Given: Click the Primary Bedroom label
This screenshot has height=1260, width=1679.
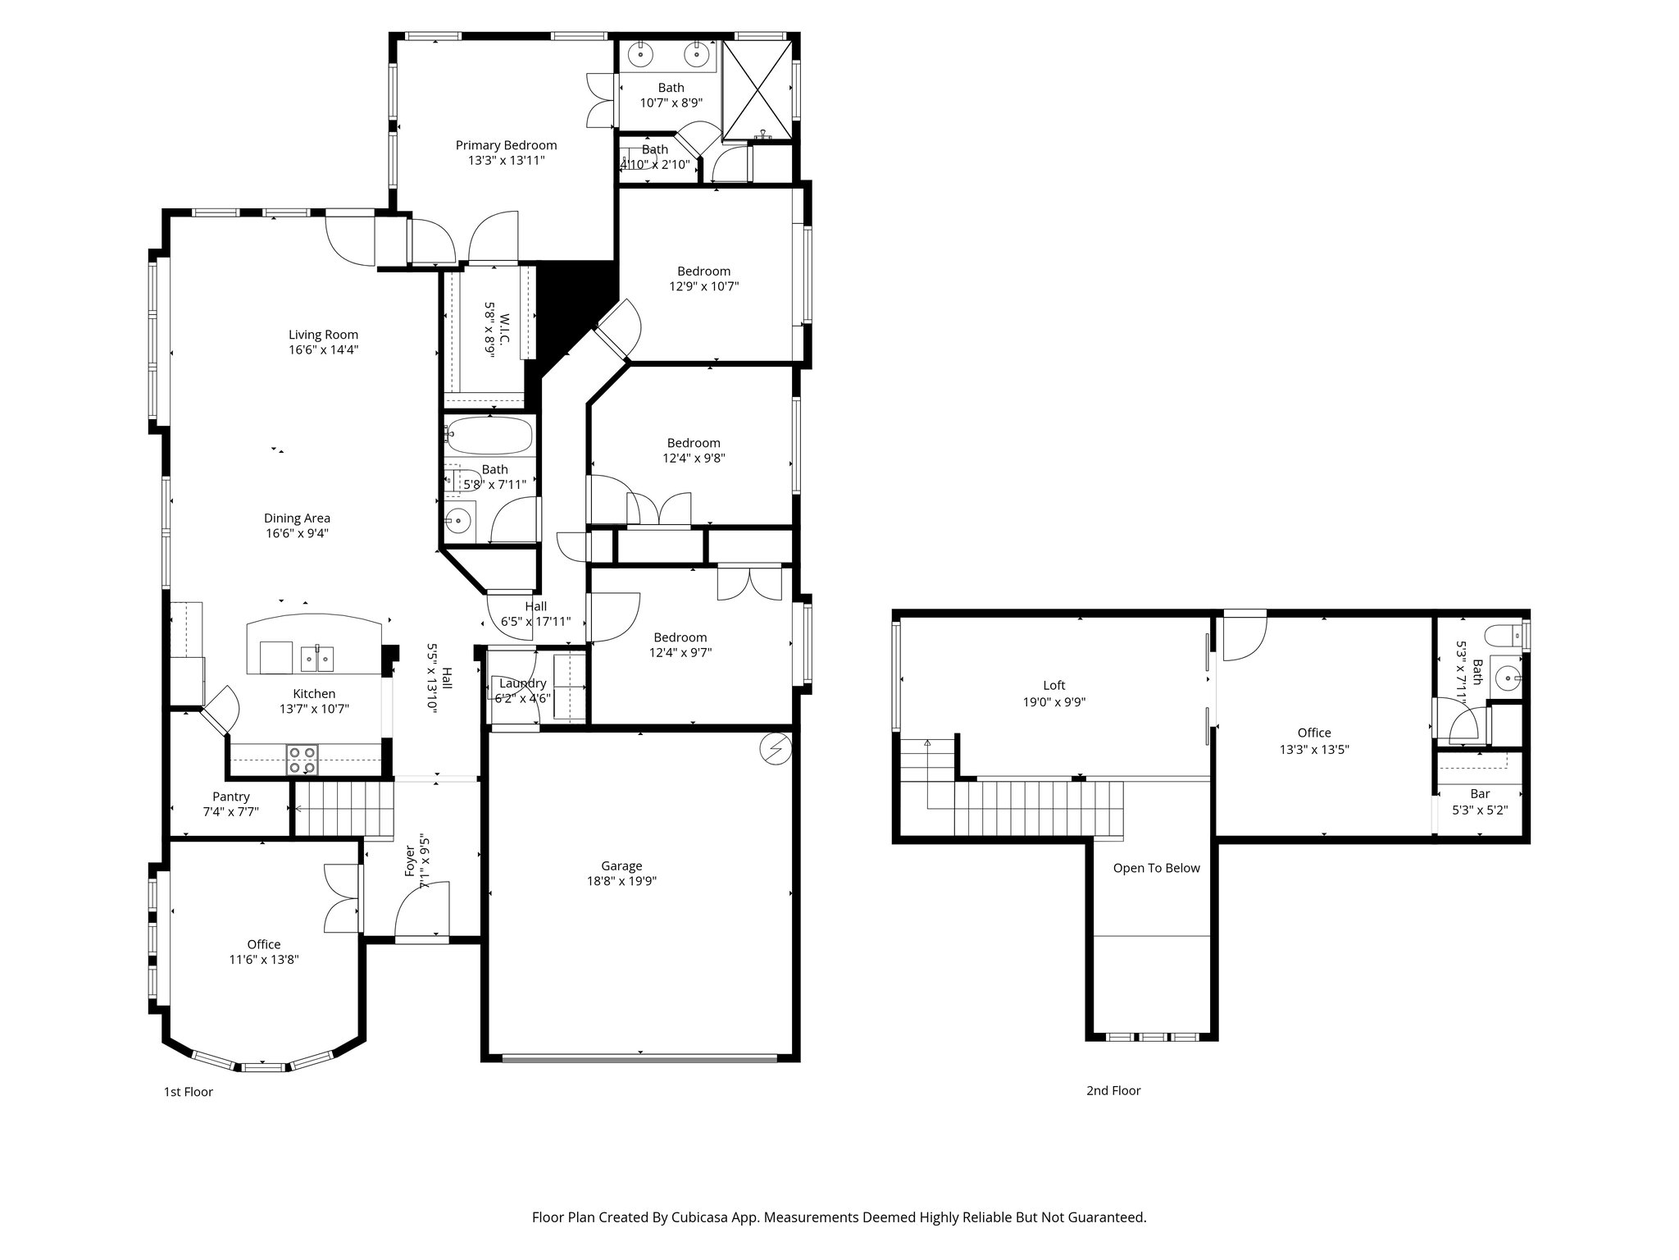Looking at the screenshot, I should [506, 145].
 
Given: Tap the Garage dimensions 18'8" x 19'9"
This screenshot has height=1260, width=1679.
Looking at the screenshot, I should [621, 881].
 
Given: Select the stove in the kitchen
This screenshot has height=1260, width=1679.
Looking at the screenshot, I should [302, 760].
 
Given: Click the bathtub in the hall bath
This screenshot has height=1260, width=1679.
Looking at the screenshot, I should [489, 436].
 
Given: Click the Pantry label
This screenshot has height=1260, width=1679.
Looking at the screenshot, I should [230, 797].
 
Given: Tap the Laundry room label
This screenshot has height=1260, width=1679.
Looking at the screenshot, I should [522, 683].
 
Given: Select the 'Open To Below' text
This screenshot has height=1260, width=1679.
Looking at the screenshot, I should [1156, 868].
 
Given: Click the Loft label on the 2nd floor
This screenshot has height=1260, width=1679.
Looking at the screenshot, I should [1053, 686].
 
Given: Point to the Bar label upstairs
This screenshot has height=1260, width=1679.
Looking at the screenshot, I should [1480, 794].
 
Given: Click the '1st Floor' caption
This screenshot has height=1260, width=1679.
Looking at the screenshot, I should [189, 1092].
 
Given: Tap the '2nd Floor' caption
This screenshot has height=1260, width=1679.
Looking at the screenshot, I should [1113, 1090].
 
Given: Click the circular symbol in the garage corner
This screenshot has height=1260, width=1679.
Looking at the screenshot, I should [776, 748].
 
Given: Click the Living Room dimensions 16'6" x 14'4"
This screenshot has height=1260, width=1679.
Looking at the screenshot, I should [323, 349].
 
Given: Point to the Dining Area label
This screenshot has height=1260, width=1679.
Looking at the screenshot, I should [297, 518].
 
